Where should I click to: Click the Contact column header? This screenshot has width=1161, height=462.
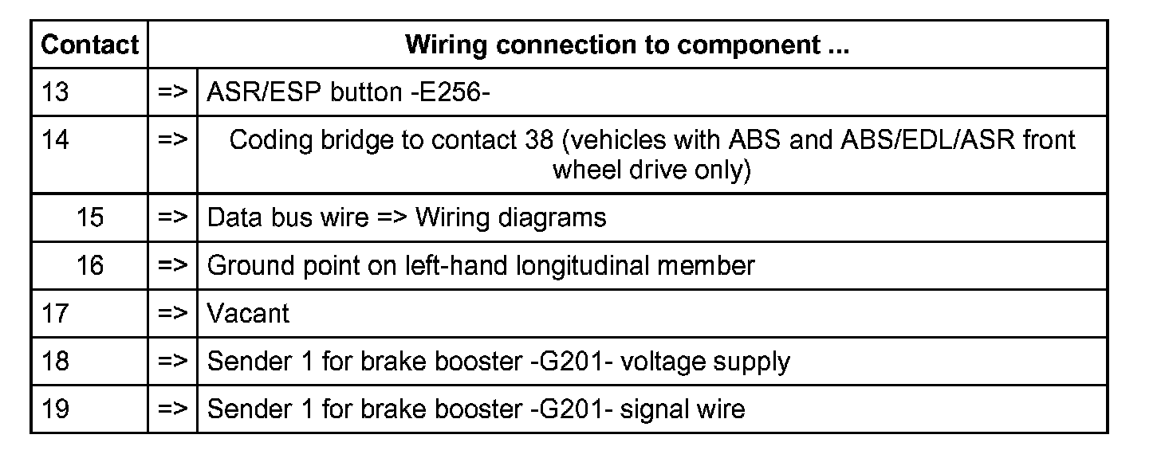pyautogui.click(x=89, y=45)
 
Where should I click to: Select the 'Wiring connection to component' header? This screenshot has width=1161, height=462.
pyautogui.click(x=627, y=45)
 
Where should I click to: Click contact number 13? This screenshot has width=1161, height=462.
pyautogui.click(x=55, y=92)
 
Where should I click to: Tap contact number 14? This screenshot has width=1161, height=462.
pyautogui.click(x=55, y=140)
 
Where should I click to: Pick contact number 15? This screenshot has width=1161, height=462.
pyautogui.click(x=90, y=217)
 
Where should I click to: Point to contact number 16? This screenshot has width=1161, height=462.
pyautogui.click(x=90, y=265)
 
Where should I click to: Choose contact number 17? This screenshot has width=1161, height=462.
pyautogui.click(x=55, y=313)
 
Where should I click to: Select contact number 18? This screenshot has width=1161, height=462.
pyautogui.click(x=55, y=361)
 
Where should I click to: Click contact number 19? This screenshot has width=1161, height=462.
pyautogui.click(x=55, y=409)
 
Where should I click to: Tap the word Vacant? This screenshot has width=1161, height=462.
pyautogui.click(x=248, y=313)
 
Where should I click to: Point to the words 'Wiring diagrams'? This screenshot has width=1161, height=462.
pyautogui.click(x=510, y=217)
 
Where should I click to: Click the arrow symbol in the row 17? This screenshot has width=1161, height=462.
pyautogui.click(x=172, y=313)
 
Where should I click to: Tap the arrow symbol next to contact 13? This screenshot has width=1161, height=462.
pyautogui.click(x=172, y=92)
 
